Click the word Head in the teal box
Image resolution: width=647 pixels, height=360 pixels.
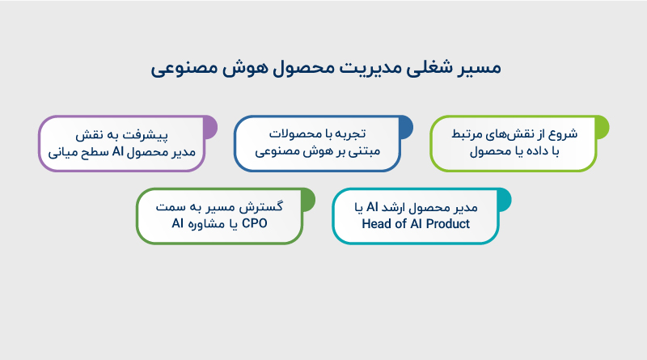(x=376, y=224)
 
